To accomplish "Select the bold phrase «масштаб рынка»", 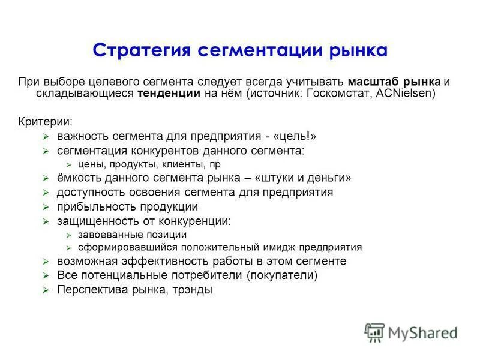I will click(x=394, y=82).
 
